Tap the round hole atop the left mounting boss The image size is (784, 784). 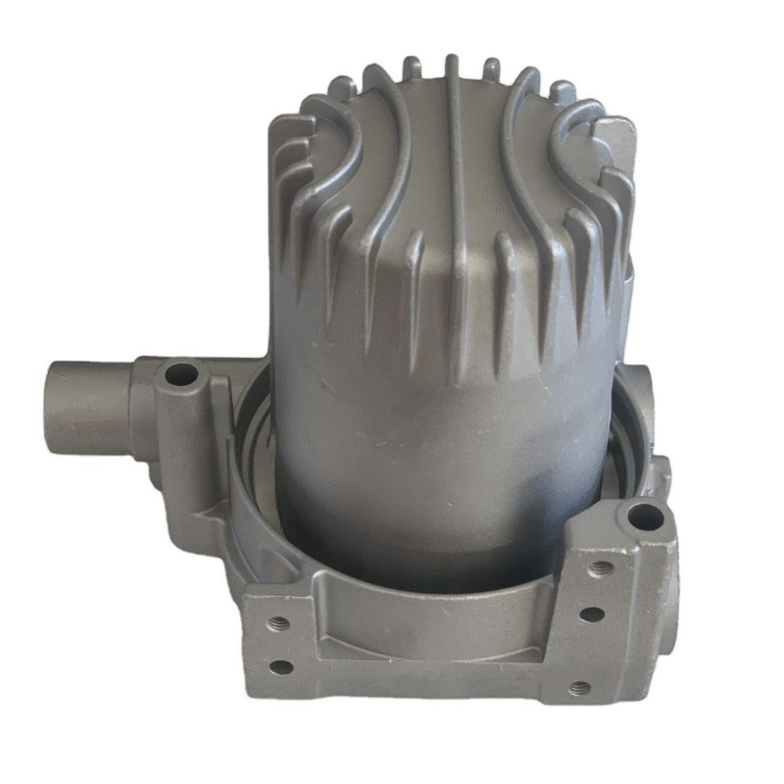coord(180,374)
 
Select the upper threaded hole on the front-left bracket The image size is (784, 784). coord(275,621)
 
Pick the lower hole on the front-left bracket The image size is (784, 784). coord(281,667)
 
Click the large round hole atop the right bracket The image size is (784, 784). coord(643,516)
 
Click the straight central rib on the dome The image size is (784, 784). coord(454,216)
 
